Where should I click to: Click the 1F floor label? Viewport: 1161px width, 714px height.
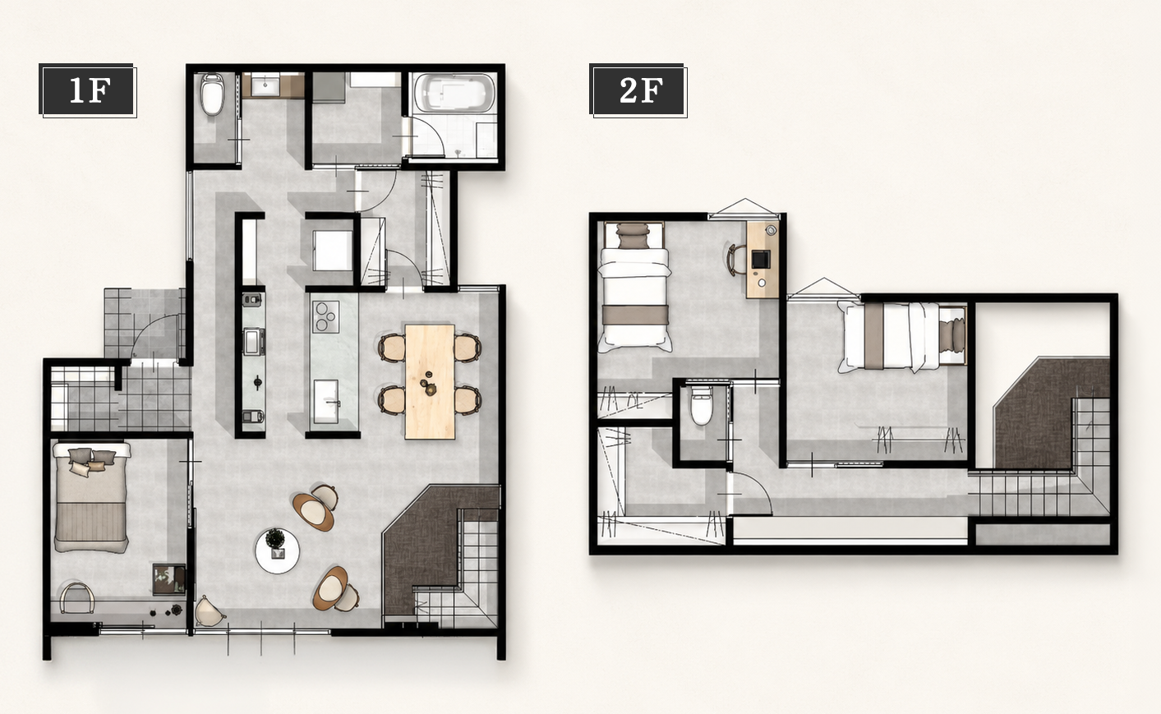click(x=89, y=90)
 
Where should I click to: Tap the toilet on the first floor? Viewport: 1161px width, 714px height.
click(x=213, y=94)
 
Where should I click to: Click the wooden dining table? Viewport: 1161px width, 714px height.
click(x=430, y=382)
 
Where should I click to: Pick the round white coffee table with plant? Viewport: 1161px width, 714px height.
click(x=277, y=550)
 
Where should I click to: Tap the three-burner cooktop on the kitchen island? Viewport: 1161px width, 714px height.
click(x=326, y=316)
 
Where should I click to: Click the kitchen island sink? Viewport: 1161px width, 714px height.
click(x=327, y=401)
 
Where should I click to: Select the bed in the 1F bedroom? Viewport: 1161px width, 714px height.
click(x=90, y=497)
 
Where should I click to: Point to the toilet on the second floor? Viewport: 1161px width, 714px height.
click(x=700, y=405)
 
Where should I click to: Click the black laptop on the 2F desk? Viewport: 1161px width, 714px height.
click(x=760, y=259)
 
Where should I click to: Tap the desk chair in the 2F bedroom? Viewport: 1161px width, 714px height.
click(x=735, y=260)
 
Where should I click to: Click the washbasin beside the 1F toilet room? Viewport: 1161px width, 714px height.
click(x=266, y=85)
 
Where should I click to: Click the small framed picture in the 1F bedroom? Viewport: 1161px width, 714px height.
click(x=169, y=579)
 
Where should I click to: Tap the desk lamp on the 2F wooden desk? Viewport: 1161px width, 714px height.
click(x=771, y=229)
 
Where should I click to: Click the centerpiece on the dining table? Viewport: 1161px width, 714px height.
click(x=428, y=384)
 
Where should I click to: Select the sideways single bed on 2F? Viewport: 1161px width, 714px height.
click(x=902, y=337)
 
